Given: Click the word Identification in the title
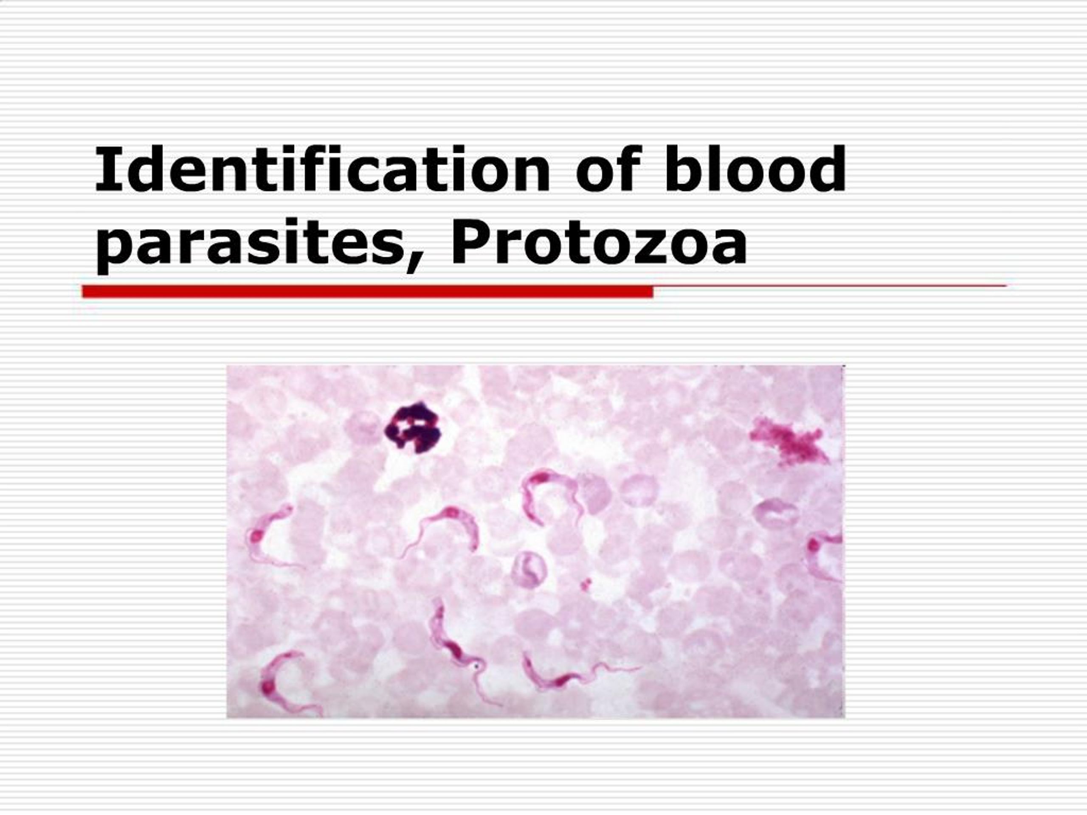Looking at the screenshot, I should [322, 169].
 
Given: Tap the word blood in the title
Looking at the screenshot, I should [754, 169].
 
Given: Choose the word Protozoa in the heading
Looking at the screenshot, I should [599, 242].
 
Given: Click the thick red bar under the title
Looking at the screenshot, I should [368, 292].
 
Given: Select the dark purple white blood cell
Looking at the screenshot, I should [413, 427].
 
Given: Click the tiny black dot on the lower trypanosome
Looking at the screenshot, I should [476, 666].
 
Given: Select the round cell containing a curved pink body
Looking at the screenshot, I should [529, 569].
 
